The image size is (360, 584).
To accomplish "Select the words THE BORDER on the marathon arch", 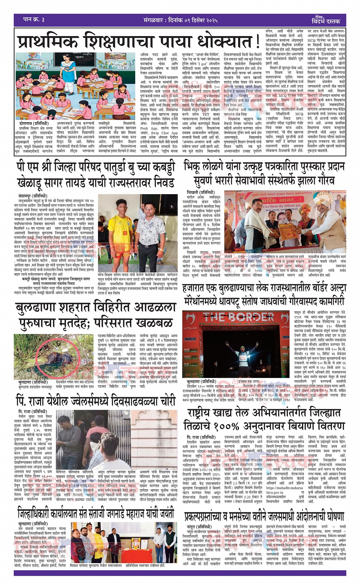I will [238, 316].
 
